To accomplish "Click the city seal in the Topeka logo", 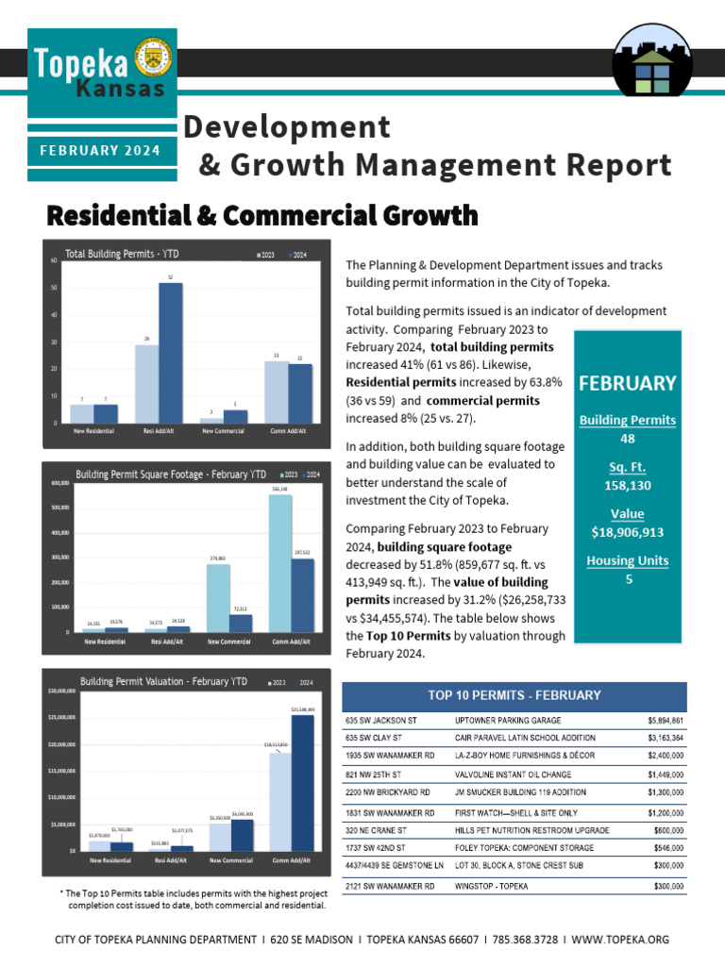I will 153,58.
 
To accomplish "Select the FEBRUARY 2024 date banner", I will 100,151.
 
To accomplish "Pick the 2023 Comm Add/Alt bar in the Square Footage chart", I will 280,563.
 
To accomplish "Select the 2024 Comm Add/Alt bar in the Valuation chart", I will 303,783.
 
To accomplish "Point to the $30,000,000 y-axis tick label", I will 61,691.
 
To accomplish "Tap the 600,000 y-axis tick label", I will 59,482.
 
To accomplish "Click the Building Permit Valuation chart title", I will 164,681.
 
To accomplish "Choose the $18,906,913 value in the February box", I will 628,532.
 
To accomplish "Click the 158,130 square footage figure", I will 628,485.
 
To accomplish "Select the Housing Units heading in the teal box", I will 628,560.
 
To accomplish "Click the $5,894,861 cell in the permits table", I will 660,720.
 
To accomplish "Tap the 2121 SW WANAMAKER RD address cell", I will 390,886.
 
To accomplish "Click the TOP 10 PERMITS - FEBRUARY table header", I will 514,695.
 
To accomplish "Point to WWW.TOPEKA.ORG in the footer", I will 620,940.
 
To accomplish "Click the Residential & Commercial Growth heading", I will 262,216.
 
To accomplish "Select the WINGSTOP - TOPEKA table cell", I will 491,886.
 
